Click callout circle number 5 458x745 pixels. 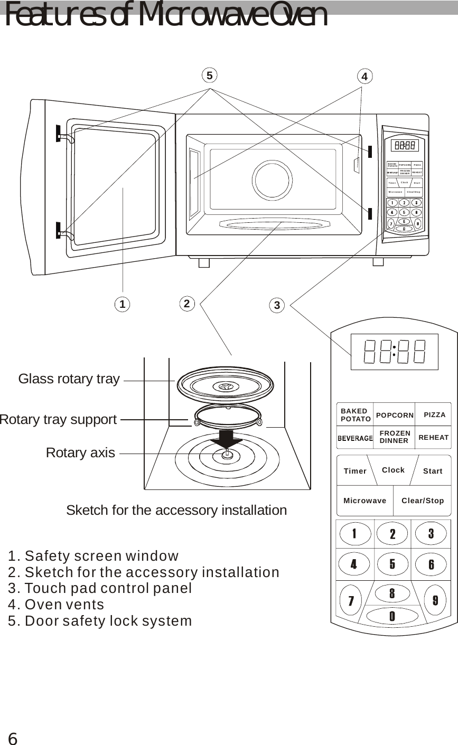click(210, 76)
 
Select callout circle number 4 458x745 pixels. click(364, 77)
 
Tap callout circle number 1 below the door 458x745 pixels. click(122, 304)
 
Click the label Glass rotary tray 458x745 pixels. click(69, 379)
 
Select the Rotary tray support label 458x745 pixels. click(58, 420)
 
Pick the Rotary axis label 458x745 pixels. click(80, 453)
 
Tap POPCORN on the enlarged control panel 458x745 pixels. click(395, 416)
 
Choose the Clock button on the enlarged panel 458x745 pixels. click(393, 470)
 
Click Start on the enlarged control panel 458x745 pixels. click(433, 471)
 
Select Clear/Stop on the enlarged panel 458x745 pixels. click(423, 501)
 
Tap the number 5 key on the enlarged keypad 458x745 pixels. click(392, 564)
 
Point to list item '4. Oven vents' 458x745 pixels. click(57, 604)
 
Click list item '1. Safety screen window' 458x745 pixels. click(94, 556)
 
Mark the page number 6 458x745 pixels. click(13, 739)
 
